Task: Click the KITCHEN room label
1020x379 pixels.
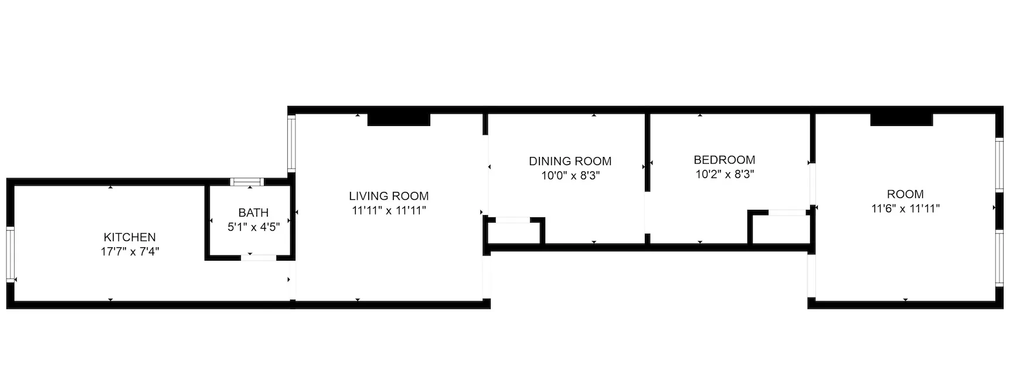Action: pyautogui.click(x=130, y=237)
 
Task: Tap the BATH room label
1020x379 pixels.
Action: pyautogui.click(x=253, y=213)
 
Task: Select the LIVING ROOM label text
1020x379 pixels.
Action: pyautogui.click(x=389, y=196)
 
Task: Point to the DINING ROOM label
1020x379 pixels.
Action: pyautogui.click(x=570, y=161)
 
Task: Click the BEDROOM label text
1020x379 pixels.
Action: pyautogui.click(x=724, y=160)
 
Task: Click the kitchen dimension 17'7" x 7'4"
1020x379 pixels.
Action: pyautogui.click(x=130, y=252)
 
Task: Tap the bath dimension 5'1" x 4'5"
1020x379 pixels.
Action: pyautogui.click(x=253, y=227)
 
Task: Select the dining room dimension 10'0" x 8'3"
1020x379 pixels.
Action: pyautogui.click(x=570, y=175)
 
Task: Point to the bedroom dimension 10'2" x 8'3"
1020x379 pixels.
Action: pyautogui.click(x=724, y=174)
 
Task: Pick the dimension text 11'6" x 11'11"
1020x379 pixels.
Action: pyautogui.click(x=905, y=209)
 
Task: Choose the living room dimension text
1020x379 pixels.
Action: pyautogui.click(x=389, y=210)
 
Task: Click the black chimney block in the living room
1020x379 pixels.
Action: pyautogui.click(x=399, y=119)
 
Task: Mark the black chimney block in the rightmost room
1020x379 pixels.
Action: pyautogui.click(x=901, y=119)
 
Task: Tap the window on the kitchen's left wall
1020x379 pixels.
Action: pyautogui.click(x=10, y=254)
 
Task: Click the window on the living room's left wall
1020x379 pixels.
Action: pyautogui.click(x=291, y=144)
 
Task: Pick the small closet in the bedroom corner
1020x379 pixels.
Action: pyautogui.click(x=779, y=229)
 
